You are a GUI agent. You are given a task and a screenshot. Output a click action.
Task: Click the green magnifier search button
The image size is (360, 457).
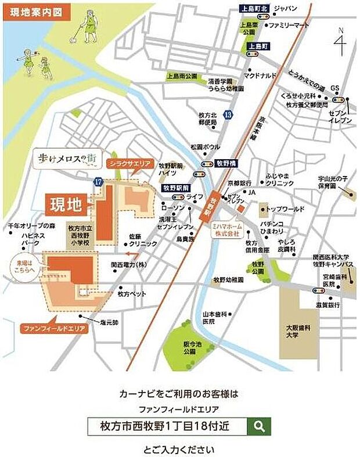[x=259, y=426]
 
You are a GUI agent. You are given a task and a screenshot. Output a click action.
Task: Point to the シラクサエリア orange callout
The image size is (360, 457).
[x=129, y=164]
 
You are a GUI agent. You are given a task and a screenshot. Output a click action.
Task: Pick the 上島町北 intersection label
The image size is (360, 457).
[x=255, y=8]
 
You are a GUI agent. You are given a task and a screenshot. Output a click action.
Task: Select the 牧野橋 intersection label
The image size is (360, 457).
[x=226, y=164]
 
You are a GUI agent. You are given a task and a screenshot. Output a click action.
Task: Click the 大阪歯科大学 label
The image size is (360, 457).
[x=298, y=331]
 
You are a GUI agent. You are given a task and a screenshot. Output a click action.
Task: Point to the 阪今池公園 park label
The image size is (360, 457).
[x=189, y=347]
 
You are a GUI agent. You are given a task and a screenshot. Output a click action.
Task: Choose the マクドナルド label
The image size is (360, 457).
[x=260, y=75]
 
